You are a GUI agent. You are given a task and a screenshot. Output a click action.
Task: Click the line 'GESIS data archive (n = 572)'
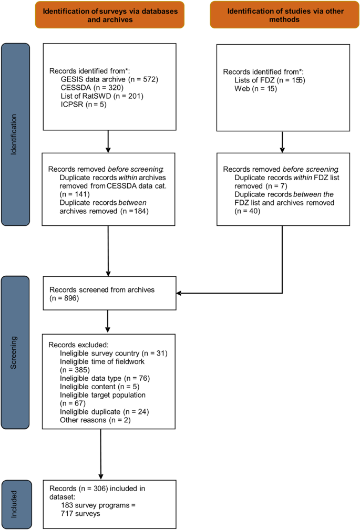pyautogui.click(x=109, y=79)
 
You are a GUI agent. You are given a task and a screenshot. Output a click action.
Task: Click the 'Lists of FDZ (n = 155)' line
pyautogui.click(x=270, y=80)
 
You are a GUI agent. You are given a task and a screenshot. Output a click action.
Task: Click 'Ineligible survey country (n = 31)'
pyautogui.click(x=114, y=354)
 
